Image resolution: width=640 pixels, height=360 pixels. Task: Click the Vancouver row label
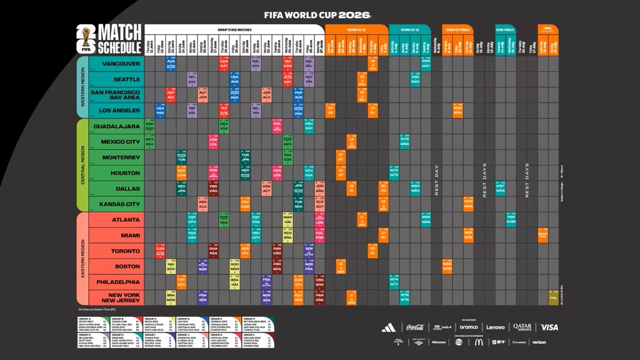coord(121,64)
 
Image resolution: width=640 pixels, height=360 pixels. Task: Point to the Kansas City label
coord(120,204)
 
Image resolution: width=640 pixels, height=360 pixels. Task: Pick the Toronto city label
coord(125,251)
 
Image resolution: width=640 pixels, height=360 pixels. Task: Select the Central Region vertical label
coord(81,165)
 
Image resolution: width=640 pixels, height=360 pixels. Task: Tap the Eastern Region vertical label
coord(81,259)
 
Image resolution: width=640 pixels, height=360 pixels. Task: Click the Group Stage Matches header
coord(234,29)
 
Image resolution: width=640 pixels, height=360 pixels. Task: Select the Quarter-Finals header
coord(456,29)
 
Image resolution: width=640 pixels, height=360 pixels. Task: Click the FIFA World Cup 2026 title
coord(317,14)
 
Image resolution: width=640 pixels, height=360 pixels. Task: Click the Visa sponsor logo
coord(549,327)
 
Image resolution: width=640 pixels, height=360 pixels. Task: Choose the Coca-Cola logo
coord(416,327)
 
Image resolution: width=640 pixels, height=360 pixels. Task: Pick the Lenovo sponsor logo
coord(496,327)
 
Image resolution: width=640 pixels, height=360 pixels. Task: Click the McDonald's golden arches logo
coord(479,342)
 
